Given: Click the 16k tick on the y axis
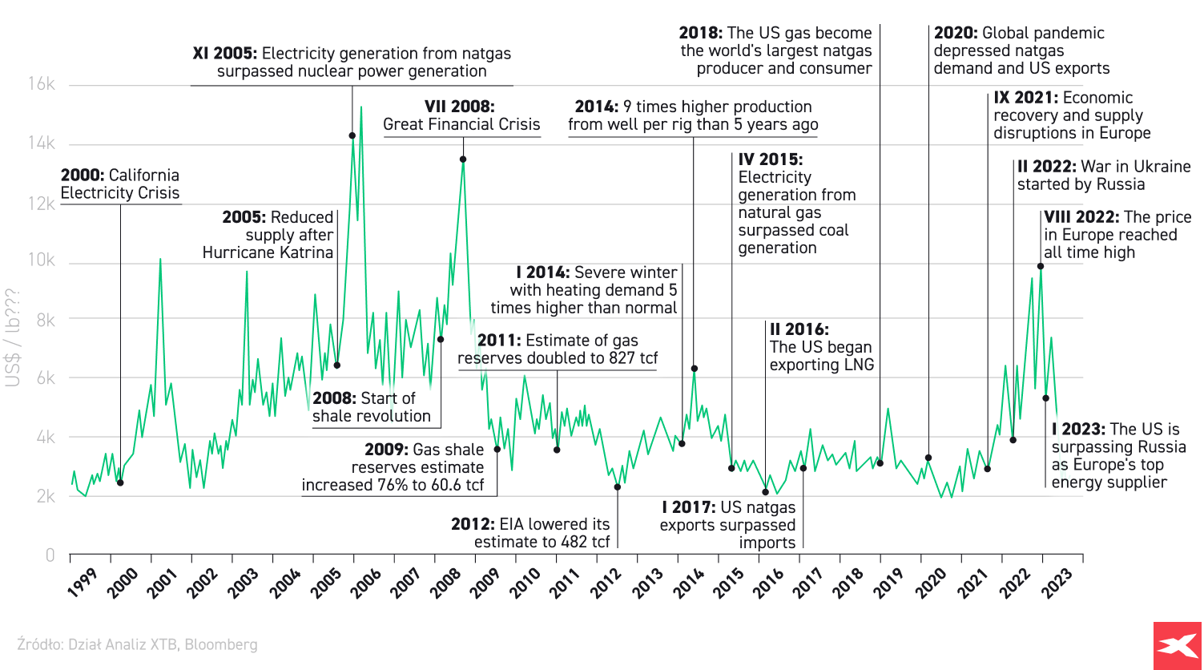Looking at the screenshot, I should click(39, 85).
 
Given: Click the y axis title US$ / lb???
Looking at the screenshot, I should click(13, 337).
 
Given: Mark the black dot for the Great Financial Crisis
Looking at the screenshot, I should click(463, 159).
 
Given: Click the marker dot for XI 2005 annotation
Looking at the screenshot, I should click(352, 135).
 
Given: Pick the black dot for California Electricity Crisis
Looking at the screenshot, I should click(120, 482).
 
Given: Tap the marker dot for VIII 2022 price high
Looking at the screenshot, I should click(1041, 266).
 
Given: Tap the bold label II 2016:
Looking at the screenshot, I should click(799, 329).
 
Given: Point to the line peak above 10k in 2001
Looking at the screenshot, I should click(160, 259).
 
